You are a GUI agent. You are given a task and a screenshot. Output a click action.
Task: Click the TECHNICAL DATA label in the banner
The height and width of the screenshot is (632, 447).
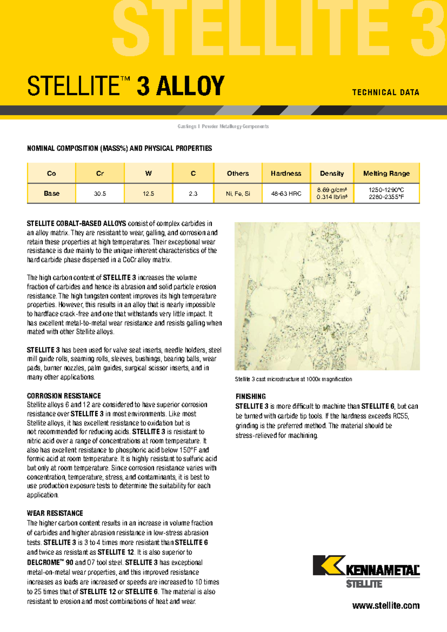386,92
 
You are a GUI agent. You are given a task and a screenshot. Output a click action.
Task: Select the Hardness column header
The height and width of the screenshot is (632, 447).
286,173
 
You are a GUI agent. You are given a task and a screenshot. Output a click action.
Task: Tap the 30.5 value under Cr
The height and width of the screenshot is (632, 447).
100,194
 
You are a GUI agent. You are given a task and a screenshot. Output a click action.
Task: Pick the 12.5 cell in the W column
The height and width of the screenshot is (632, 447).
148,194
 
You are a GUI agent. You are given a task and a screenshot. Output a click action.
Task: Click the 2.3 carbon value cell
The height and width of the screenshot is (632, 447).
193,194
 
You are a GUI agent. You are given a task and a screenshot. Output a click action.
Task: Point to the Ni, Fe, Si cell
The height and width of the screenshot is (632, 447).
238,194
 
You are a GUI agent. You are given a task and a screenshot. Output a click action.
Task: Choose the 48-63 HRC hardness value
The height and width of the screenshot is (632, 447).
286,194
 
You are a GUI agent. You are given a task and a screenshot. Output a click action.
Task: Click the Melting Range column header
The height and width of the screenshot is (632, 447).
386,173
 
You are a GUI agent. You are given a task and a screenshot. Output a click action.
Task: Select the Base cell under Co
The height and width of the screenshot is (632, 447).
51,193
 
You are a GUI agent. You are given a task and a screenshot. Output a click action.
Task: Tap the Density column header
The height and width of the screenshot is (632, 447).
332,173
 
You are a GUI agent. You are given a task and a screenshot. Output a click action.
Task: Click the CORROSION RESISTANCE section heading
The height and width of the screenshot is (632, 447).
64,396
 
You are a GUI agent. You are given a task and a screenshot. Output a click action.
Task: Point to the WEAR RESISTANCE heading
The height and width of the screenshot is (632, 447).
55,513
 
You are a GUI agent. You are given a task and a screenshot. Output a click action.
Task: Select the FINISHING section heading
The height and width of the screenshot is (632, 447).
251,396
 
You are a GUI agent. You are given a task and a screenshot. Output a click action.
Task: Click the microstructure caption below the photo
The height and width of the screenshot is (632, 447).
293,379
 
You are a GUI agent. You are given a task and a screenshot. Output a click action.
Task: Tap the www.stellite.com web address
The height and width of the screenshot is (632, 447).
386,606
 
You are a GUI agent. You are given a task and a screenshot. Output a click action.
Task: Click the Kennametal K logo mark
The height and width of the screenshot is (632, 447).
327,565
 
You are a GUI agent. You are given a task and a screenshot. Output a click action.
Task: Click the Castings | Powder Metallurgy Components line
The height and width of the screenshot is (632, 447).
223,127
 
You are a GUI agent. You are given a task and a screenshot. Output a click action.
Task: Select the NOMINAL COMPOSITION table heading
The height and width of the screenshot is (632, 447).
119,148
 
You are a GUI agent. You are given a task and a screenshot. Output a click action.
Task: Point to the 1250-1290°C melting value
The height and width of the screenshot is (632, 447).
386,190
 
